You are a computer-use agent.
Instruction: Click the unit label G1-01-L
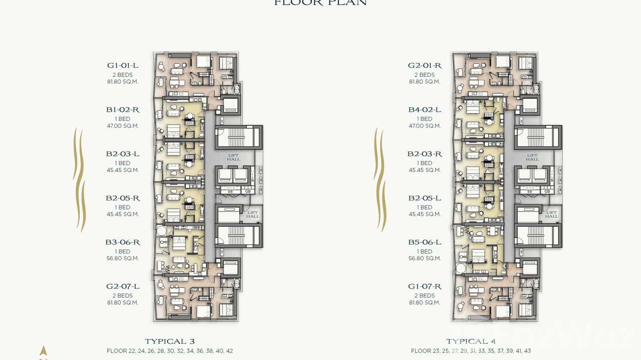click(123, 65)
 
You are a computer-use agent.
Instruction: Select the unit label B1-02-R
click(123, 110)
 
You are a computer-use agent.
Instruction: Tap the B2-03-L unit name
click(123, 154)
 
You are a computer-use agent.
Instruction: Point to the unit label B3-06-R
click(123, 242)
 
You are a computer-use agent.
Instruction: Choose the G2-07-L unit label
click(123, 286)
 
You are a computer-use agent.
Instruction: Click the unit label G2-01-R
click(425, 65)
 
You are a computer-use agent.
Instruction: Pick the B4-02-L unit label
click(425, 110)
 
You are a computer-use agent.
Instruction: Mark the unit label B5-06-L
click(425, 242)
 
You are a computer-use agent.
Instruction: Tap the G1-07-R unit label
click(425, 286)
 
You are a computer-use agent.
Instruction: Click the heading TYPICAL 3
click(170, 341)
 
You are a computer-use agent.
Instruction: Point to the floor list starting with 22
click(170, 351)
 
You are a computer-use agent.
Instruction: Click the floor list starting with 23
click(470, 351)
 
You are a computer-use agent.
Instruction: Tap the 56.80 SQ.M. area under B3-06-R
click(123, 258)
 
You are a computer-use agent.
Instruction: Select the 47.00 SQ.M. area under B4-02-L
click(425, 126)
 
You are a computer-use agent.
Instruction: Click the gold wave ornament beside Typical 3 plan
click(79, 179)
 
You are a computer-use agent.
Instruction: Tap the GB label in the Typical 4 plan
click(547, 191)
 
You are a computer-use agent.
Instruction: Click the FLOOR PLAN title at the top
click(320, 3)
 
